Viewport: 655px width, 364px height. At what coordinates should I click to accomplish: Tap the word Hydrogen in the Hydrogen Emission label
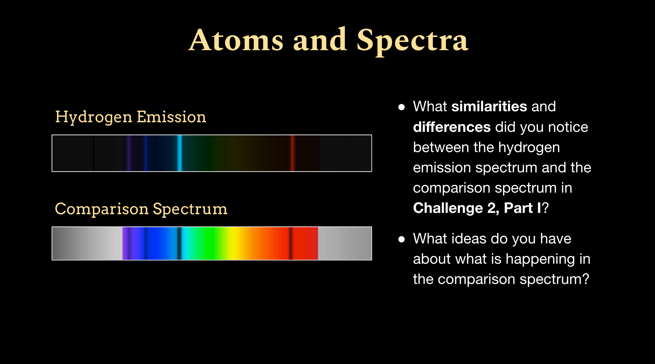pos(94,118)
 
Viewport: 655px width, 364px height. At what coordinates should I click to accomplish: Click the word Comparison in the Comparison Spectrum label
pos(102,210)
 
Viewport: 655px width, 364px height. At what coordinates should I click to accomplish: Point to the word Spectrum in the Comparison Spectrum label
pos(190,210)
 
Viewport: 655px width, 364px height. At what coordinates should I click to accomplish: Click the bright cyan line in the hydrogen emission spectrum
pos(180,153)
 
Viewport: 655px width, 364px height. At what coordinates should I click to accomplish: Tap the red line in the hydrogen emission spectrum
pos(293,153)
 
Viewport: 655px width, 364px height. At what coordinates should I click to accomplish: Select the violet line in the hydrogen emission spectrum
pos(129,153)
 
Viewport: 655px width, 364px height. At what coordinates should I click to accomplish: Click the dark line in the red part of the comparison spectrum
pos(291,243)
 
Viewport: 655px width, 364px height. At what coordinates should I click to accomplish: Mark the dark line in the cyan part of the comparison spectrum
pos(179,243)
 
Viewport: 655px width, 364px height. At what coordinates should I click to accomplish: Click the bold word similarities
pos(489,107)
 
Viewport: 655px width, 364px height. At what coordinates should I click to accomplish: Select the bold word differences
pos(452,127)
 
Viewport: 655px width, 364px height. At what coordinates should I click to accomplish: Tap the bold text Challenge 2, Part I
pos(477,209)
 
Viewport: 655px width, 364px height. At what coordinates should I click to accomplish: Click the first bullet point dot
pos(402,107)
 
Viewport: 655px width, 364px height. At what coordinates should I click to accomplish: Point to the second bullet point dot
pos(402,239)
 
